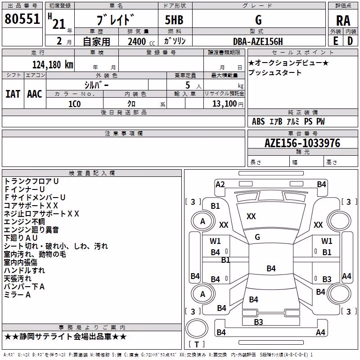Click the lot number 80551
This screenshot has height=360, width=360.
[22, 18]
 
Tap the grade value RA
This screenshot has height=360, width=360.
[343, 21]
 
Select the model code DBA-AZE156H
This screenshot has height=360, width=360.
[258, 41]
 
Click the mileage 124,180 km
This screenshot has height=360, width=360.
[53, 65]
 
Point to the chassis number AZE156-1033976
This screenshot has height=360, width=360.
[302, 143]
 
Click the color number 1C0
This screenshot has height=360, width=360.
[74, 104]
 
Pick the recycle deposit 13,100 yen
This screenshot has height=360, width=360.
[228, 104]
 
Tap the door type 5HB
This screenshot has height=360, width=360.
[174, 20]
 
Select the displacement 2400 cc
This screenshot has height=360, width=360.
[141, 41]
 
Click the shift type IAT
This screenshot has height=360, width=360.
[13, 94]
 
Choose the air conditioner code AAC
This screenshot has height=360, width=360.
[35, 94]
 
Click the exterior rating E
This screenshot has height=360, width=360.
[335, 41]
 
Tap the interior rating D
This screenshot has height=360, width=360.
[350, 41]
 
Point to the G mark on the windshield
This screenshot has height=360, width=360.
[257, 237]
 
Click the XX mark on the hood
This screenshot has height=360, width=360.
[251, 216]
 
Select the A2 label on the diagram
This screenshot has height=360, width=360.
[220, 184]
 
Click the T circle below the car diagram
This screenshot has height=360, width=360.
[197, 328]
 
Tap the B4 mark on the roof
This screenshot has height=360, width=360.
[271, 268]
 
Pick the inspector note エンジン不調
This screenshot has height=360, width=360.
[24, 221]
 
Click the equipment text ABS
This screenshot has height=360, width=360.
[258, 121]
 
